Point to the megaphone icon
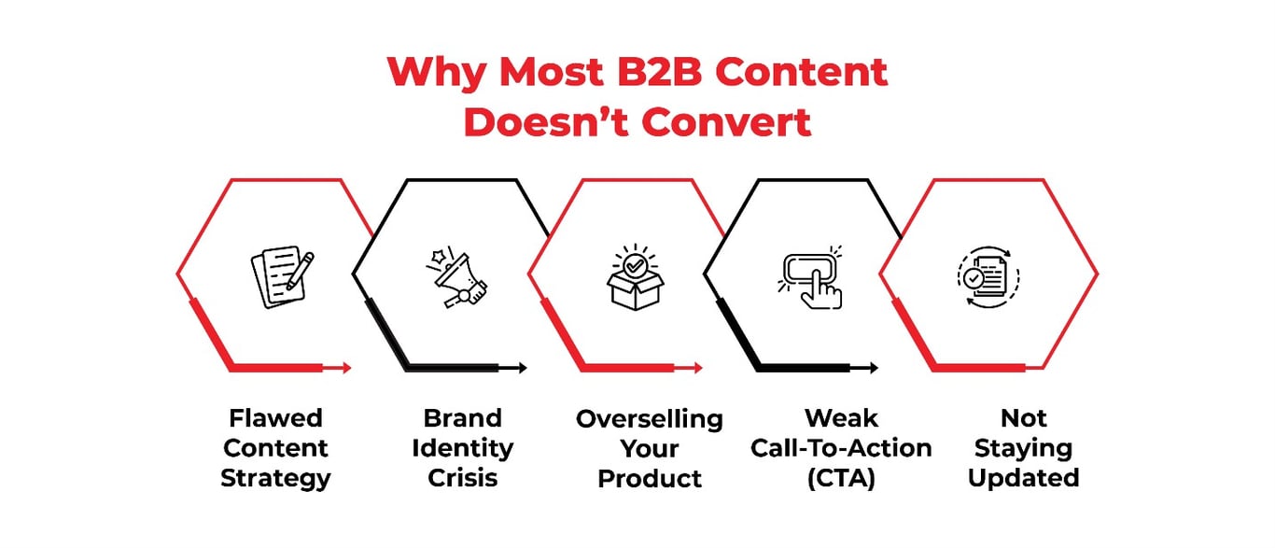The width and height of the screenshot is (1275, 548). (x=456, y=276)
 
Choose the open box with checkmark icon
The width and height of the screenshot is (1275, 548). (x=636, y=276)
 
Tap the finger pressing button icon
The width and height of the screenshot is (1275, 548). (x=810, y=276)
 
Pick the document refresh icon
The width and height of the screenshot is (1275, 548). (x=988, y=276)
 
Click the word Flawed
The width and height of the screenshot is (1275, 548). (x=275, y=417)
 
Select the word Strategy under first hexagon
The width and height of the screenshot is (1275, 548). (x=275, y=479)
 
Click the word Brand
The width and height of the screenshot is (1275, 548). (x=462, y=417)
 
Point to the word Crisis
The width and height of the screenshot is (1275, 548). (x=462, y=479)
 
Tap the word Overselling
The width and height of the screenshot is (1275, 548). (x=650, y=419)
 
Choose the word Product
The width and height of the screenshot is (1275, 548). (x=650, y=479)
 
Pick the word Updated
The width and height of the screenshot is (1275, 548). (x=1023, y=479)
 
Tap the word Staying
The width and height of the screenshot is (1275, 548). (x=1023, y=449)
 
